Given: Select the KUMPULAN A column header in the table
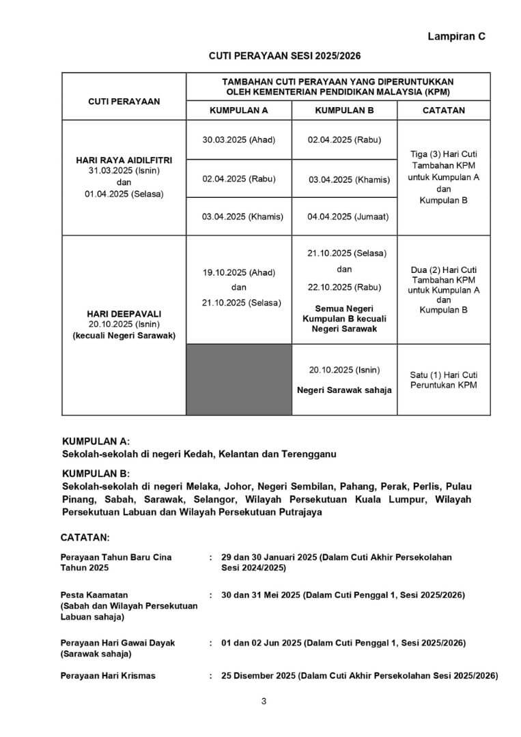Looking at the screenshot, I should (x=238, y=109).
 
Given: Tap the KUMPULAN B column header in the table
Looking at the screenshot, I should (x=344, y=109).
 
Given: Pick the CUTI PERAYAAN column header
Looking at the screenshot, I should (x=124, y=101).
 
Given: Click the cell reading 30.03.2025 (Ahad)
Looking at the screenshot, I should (x=238, y=139).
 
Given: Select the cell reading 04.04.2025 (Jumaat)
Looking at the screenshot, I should (x=348, y=216).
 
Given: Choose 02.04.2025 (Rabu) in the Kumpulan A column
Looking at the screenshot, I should (x=238, y=179).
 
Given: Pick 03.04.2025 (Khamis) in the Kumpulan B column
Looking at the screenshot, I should (x=349, y=179).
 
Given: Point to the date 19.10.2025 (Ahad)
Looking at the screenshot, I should (x=238, y=272).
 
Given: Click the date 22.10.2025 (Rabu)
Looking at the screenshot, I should (x=344, y=286).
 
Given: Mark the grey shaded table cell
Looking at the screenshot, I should (x=238, y=379).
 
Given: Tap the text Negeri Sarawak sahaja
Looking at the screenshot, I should (x=344, y=390).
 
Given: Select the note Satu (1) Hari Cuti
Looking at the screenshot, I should (x=443, y=375).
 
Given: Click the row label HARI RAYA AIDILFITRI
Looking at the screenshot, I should (x=124, y=160).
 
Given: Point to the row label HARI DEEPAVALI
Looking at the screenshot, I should (x=124, y=313).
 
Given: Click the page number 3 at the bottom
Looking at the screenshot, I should (x=263, y=701).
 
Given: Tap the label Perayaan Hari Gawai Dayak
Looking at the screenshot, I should (x=117, y=643).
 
